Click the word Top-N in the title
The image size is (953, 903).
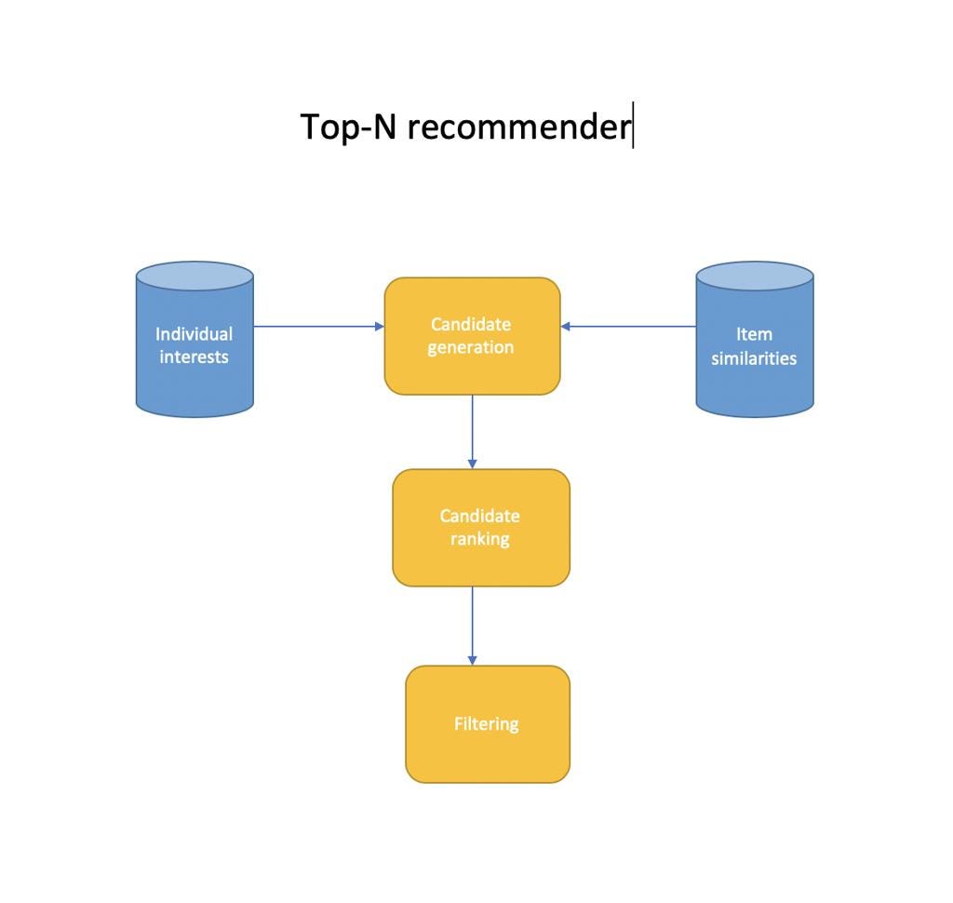click(348, 128)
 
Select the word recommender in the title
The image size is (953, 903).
click(519, 128)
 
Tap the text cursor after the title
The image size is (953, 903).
click(633, 126)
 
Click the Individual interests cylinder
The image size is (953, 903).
click(195, 339)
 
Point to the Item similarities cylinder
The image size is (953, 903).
click(754, 339)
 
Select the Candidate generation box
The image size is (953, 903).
click(472, 336)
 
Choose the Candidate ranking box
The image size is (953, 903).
click(481, 528)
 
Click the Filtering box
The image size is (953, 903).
click(488, 724)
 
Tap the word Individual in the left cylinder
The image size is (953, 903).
click(194, 334)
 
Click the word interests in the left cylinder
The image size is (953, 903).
click(194, 357)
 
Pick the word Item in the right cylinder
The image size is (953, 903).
click(754, 334)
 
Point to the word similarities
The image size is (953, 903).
click(754, 358)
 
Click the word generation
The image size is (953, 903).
click(470, 348)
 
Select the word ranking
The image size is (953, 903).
click(480, 539)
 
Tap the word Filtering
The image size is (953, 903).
click(487, 724)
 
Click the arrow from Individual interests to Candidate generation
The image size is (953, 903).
click(319, 327)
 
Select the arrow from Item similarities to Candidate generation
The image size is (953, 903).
click(628, 327)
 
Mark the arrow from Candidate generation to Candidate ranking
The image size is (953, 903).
click(472, 432)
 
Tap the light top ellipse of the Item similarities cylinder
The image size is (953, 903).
click(754, 276)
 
